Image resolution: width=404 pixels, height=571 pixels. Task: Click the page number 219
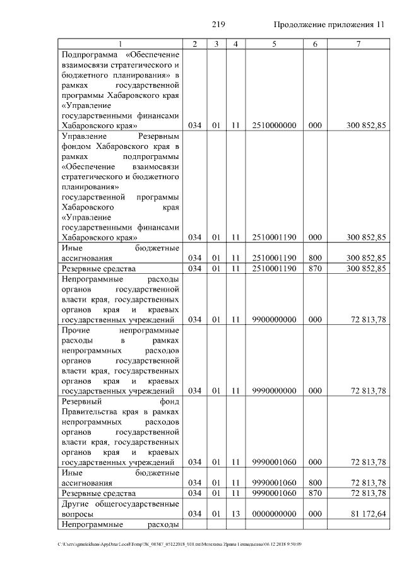[219, 25]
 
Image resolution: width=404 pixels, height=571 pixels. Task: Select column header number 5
[274, 44]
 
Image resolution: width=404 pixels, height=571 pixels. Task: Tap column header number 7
[358, 44]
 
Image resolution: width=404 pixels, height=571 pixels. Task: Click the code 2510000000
[274, 126]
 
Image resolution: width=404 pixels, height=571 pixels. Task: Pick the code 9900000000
[274, 320]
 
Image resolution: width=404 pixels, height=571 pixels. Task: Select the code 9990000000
[274, 391]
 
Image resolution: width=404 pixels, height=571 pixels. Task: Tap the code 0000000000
[274, 514]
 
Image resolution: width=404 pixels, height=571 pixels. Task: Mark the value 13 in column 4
[235, 514]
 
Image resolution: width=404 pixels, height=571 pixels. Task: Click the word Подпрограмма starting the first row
[88, 55]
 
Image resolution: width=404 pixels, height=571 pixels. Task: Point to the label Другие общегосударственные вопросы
[120, 509]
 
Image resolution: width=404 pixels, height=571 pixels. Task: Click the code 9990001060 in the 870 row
[274, 493]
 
